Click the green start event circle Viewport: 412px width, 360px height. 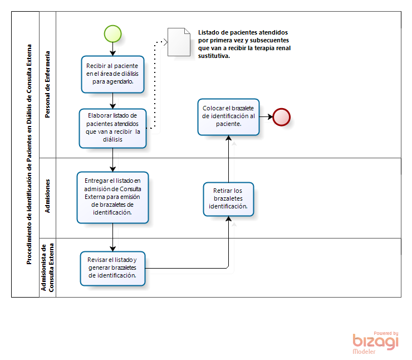point(112,33)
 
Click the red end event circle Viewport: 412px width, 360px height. point(281,117)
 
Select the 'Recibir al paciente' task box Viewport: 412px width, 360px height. point(112,74)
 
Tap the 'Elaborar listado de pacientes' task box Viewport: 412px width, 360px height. point(112,128)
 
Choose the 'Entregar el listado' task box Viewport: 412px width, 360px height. point(112,197)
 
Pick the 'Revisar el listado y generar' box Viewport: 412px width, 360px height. point(112,269)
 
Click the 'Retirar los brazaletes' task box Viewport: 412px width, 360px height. point(228,199)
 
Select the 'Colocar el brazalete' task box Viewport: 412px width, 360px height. point(228,117)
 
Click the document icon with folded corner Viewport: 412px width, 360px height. point(179,42)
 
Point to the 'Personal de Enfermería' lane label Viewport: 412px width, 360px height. point(47,84)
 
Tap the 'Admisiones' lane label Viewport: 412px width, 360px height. point(47,196)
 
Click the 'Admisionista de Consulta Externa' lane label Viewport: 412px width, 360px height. point(47,267)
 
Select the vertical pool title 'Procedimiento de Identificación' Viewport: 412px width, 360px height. point(29,154)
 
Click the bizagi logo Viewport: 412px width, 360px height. point(375,342)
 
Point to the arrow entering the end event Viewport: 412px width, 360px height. point(266,117)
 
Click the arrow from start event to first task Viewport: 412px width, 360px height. point(112,49)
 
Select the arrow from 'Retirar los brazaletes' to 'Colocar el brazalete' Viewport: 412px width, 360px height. point(229,159)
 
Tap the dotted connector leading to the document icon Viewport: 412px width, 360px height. point(155,84)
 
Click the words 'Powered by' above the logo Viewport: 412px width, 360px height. point(386,333)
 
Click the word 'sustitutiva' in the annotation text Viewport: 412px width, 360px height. point(214,56)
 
